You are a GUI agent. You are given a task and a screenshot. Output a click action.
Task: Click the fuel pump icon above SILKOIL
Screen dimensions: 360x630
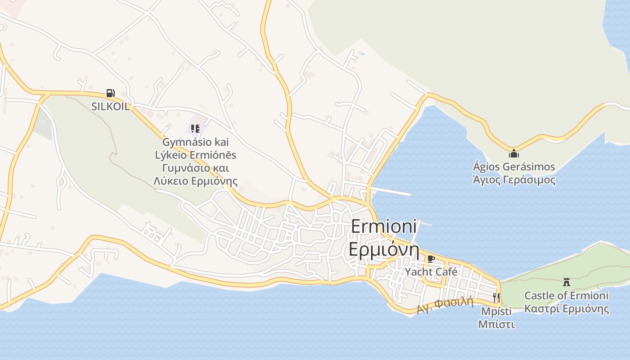[x=110, y=93]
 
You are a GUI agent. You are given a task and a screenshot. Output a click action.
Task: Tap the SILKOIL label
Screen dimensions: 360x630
[x=110, y=107]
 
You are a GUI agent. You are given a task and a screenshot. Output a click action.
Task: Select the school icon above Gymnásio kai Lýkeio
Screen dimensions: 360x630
[x=195, y=129]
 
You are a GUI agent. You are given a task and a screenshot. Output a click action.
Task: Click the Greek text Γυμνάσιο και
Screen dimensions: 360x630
[x=196, y=168]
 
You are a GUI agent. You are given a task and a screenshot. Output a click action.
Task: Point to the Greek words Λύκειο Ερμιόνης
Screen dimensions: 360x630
[x=196, y=181]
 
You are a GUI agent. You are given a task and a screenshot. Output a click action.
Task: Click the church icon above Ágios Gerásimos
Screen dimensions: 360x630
[x=514, y=153]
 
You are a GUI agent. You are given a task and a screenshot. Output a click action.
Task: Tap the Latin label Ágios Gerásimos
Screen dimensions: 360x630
[x=514, y=167]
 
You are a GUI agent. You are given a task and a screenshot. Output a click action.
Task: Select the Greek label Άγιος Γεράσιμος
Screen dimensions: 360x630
[x=514, y=180]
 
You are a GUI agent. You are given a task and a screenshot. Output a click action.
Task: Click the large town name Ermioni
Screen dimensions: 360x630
[x=384, y=226]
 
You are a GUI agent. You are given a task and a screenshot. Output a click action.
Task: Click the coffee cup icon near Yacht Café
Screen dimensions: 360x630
[x=431, y=259]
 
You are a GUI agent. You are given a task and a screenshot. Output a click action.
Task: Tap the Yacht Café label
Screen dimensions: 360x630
[x=431, y=272]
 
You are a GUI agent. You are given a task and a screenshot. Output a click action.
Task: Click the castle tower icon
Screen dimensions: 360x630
[x=567, y=282]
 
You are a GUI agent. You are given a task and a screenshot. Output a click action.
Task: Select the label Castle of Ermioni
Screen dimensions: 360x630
[x=567, y=296]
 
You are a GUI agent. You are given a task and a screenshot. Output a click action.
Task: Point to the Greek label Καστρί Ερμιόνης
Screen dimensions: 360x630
[x=567, y=309]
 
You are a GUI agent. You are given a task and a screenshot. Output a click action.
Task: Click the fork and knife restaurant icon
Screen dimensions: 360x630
[x=496, y=297]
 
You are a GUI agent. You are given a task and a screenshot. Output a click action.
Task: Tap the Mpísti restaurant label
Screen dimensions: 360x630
[x=496, y=311]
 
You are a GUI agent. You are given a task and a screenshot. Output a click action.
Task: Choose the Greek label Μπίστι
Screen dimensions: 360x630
[x=496, y=324]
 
